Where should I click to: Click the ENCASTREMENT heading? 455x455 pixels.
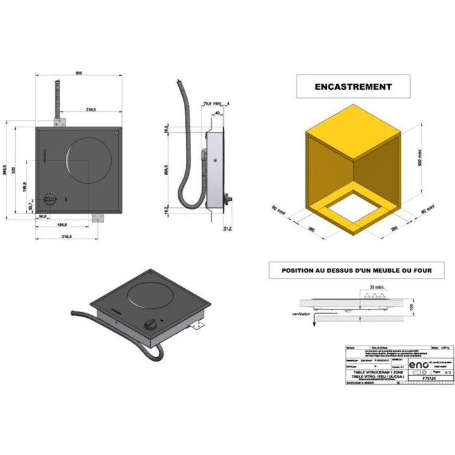353,87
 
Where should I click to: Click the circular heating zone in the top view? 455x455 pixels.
88,159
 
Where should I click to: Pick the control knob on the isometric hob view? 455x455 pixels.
151,325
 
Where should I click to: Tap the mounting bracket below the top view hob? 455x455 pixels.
97,217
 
